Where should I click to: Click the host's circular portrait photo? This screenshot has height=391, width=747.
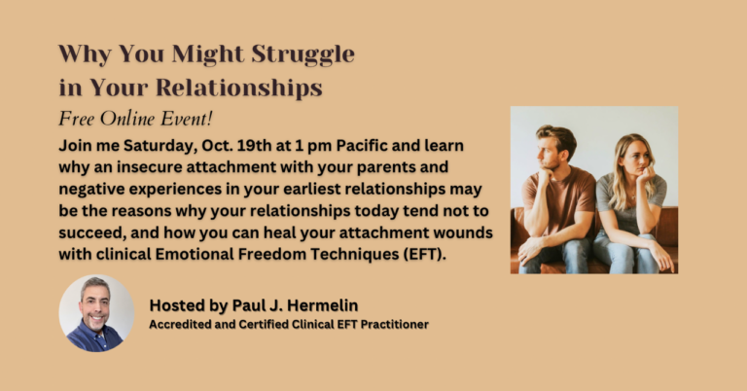pyautogui.click(x=95, y=311)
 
